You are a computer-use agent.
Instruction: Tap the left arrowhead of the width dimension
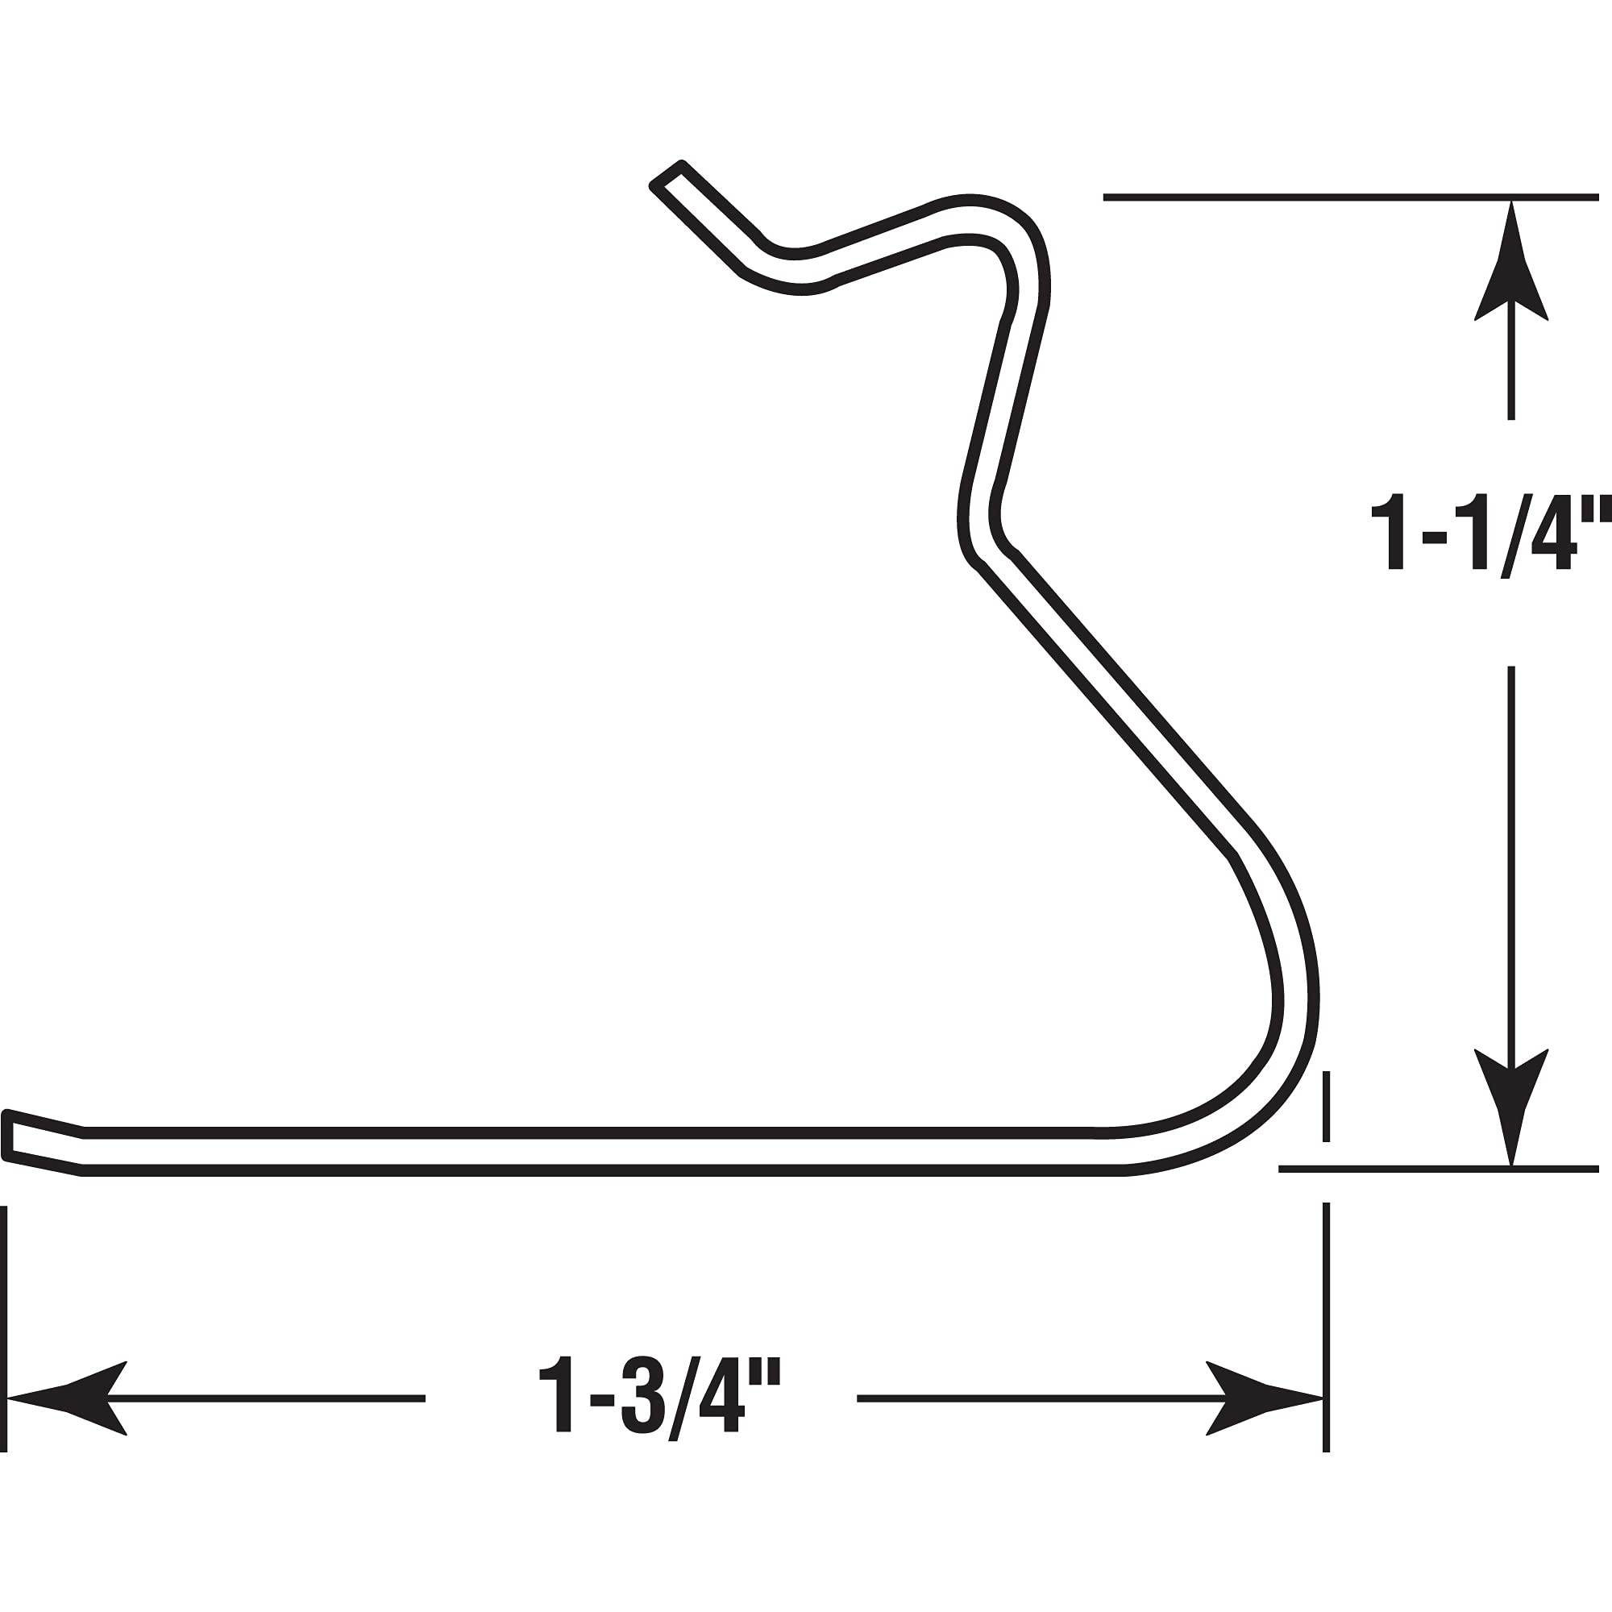point(67,1398)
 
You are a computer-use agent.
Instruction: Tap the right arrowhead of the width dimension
point(1264,1398)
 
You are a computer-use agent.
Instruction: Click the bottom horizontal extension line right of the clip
point(1435,1169)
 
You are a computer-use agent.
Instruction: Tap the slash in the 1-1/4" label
point(1517,534)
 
